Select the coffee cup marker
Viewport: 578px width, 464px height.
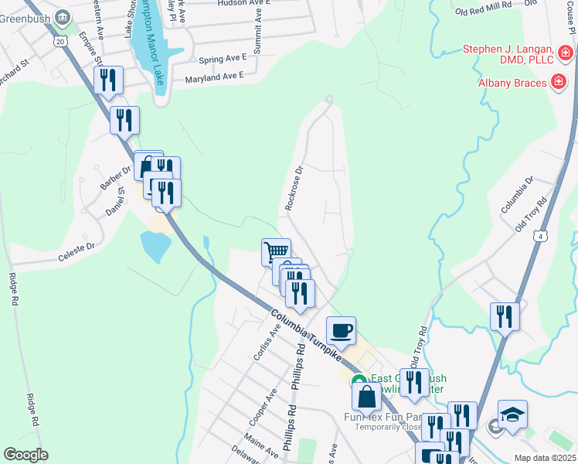coord(341,332)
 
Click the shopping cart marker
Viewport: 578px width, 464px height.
coord(276,252)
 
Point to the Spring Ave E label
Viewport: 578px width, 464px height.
coord(222,57)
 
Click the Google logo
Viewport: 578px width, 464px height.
coord(25,455)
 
